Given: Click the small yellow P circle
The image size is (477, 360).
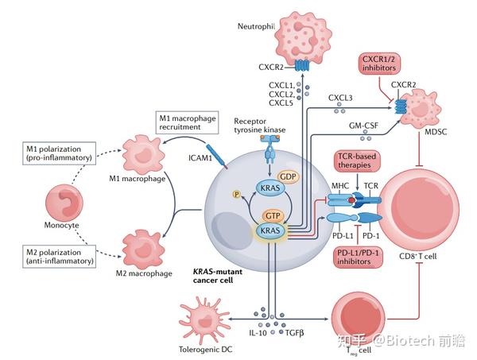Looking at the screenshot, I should coord(235,193).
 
